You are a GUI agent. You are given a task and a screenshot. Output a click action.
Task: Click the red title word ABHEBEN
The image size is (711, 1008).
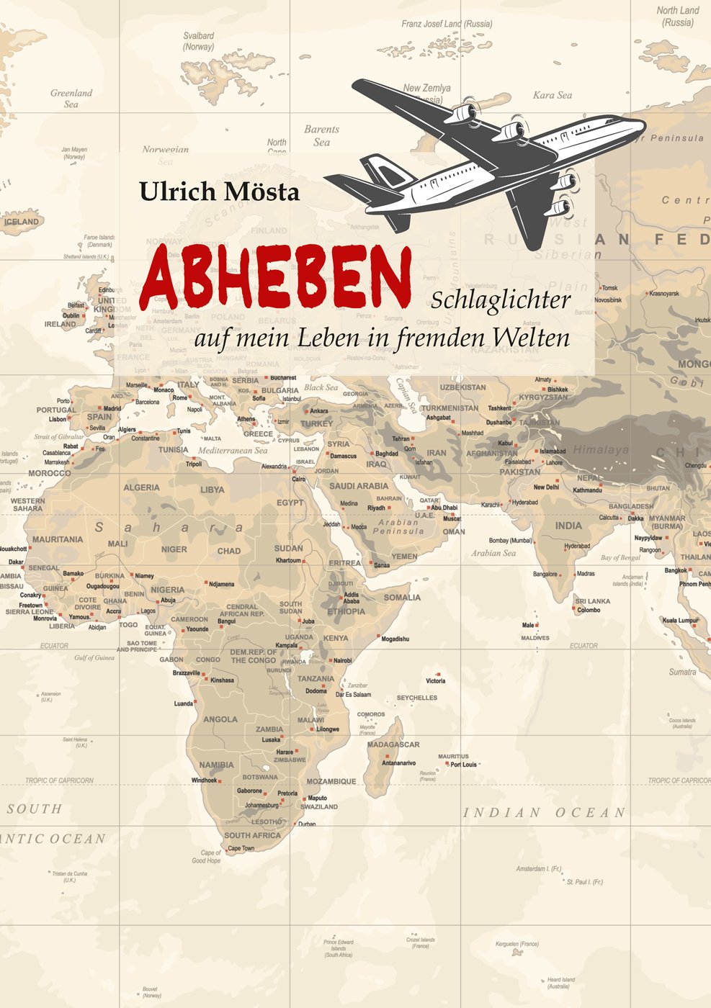pos(276,276)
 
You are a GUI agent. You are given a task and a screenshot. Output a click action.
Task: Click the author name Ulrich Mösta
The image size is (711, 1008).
pos(219,192)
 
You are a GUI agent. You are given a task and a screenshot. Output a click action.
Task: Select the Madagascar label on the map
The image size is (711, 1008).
pos(393,744)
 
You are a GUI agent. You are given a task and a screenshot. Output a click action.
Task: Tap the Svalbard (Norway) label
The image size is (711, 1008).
pos(198,41)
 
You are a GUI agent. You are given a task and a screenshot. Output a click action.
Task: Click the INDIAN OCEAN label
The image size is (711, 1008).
pos(544,813)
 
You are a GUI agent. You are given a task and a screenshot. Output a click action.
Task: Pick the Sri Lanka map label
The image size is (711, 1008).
pos(593,601)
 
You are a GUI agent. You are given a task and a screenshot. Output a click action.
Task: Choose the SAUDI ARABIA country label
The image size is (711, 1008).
pos(359,486)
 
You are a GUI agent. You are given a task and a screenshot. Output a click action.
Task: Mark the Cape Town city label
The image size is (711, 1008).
pos(241,848)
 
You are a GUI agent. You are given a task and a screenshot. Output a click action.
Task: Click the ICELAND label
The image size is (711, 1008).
pos(22,222)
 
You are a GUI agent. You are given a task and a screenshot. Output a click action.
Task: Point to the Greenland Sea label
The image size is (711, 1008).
pos(71,99)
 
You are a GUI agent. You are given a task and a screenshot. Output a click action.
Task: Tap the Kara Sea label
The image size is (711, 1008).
pos(553,95)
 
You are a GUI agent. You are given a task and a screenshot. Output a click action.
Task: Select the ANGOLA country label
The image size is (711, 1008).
pos(220,719)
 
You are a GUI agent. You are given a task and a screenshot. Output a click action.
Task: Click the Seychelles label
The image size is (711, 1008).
pos(417,698)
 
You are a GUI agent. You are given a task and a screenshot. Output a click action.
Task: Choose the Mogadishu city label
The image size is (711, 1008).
pos(395,639)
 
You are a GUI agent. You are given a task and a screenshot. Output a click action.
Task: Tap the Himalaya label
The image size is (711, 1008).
pos(601,450)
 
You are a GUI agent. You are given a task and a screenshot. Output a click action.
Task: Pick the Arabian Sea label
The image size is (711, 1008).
pos(493,554)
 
